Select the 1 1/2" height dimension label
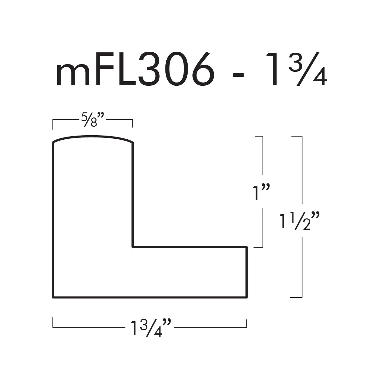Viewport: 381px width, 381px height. click(298, 221)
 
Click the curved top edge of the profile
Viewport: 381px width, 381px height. click(92, 137)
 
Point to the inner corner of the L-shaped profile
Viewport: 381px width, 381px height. click(132, 247)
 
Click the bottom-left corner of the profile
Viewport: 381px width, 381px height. click(53, 297)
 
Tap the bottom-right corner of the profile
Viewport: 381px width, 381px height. click(247, 297)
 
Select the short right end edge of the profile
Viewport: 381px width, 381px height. click(247, 272)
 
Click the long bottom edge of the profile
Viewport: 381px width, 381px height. click(149, 297)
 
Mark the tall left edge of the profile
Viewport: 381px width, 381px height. click(53, 219)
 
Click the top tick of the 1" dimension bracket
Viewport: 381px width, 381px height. click(259, 137)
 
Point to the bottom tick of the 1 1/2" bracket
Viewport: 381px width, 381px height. click(296, 297)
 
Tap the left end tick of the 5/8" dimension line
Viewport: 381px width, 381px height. click(53, 124)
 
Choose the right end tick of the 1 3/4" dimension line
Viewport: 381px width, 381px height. click(247, 323)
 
